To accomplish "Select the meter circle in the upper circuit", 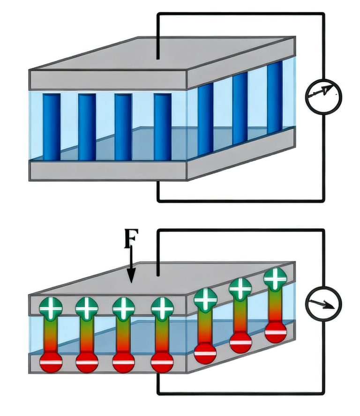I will [x=323, y=97].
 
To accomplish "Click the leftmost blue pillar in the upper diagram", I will [x=52, y=126].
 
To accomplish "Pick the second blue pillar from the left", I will [x=87, y=126].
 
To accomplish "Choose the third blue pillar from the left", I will [x=123, y=126].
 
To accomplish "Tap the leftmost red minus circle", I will [x=51, y=362].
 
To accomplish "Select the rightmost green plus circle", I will [x=275, y=279].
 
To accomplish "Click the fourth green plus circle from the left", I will [x=162, y=307].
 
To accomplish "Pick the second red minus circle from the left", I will [x=87, y=362].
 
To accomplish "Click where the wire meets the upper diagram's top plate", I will [x=158, y=58].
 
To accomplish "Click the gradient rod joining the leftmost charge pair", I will [x=51, y=335].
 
